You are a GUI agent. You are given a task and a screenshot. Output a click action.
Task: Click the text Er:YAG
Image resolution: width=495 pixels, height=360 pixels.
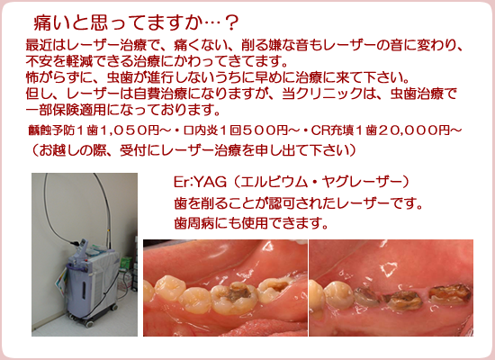(x=200, y=182)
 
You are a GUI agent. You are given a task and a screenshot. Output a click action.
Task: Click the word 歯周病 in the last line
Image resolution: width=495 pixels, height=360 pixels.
(x=193, y=223)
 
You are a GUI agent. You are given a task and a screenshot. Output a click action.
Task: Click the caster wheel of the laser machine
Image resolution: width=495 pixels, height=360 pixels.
(x=89, y=324)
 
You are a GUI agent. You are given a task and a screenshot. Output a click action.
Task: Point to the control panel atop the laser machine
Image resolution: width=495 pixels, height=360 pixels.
(x=85, y=246)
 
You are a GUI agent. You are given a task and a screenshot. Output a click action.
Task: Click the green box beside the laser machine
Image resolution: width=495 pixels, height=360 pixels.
(x=126, y=263)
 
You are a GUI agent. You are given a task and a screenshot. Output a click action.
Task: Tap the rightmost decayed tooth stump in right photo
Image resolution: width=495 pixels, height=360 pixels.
(x=450, y=294)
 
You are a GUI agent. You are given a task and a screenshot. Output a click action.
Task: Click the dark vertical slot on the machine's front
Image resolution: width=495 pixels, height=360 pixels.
(x=84, y=290)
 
